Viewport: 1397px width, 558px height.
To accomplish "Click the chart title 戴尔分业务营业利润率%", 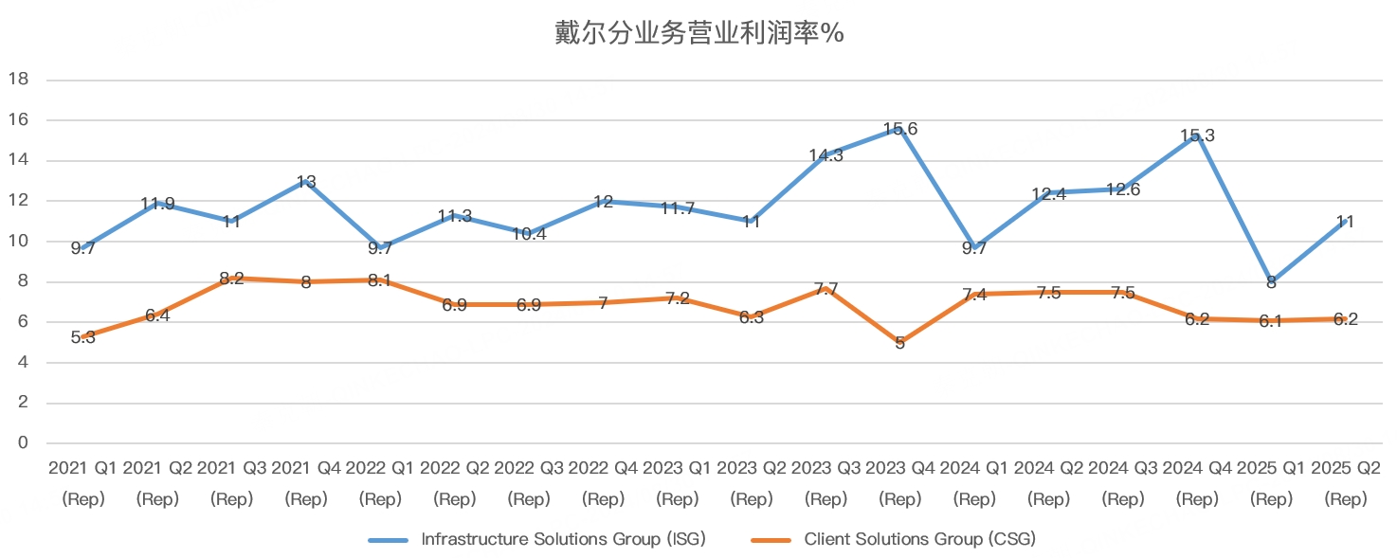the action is tap(699, 33).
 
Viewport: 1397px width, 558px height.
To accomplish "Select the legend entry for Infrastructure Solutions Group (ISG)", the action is tap(537, 539).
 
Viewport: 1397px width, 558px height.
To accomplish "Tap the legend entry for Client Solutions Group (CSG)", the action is tap(893, 539).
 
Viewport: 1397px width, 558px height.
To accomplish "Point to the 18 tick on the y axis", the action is tap(19, 79).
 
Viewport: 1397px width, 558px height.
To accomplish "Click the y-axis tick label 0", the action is tap(23, 442).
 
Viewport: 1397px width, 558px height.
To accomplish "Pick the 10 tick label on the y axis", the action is tap(19, 241).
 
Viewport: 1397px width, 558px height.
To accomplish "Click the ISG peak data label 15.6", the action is tap(900, 129).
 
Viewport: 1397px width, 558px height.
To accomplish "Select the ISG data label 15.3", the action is tap(1197, 135).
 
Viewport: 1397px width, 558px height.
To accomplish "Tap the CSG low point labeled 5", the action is tap(900, 343).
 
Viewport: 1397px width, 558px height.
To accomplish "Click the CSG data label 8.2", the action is tap(231, 279).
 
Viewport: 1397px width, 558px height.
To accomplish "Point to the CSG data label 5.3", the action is tap(83, 338).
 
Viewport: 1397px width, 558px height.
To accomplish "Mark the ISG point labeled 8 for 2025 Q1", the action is tap(1271, 282).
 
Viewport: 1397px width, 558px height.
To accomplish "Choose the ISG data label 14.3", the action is tap(825, 155).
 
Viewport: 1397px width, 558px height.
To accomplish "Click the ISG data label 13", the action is tap(305, 182).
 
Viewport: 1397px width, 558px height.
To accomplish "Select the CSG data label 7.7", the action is tap(825, 289).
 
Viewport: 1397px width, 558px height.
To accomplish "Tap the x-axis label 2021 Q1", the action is tap(83, 483).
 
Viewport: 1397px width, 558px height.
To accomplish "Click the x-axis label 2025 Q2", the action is tap(1346, 483).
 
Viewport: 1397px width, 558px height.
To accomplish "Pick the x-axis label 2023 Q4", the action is tap(900, 483).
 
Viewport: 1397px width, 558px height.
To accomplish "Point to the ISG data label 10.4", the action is tap(529, 234).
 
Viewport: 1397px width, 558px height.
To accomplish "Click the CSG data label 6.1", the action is tap(1271, 322).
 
